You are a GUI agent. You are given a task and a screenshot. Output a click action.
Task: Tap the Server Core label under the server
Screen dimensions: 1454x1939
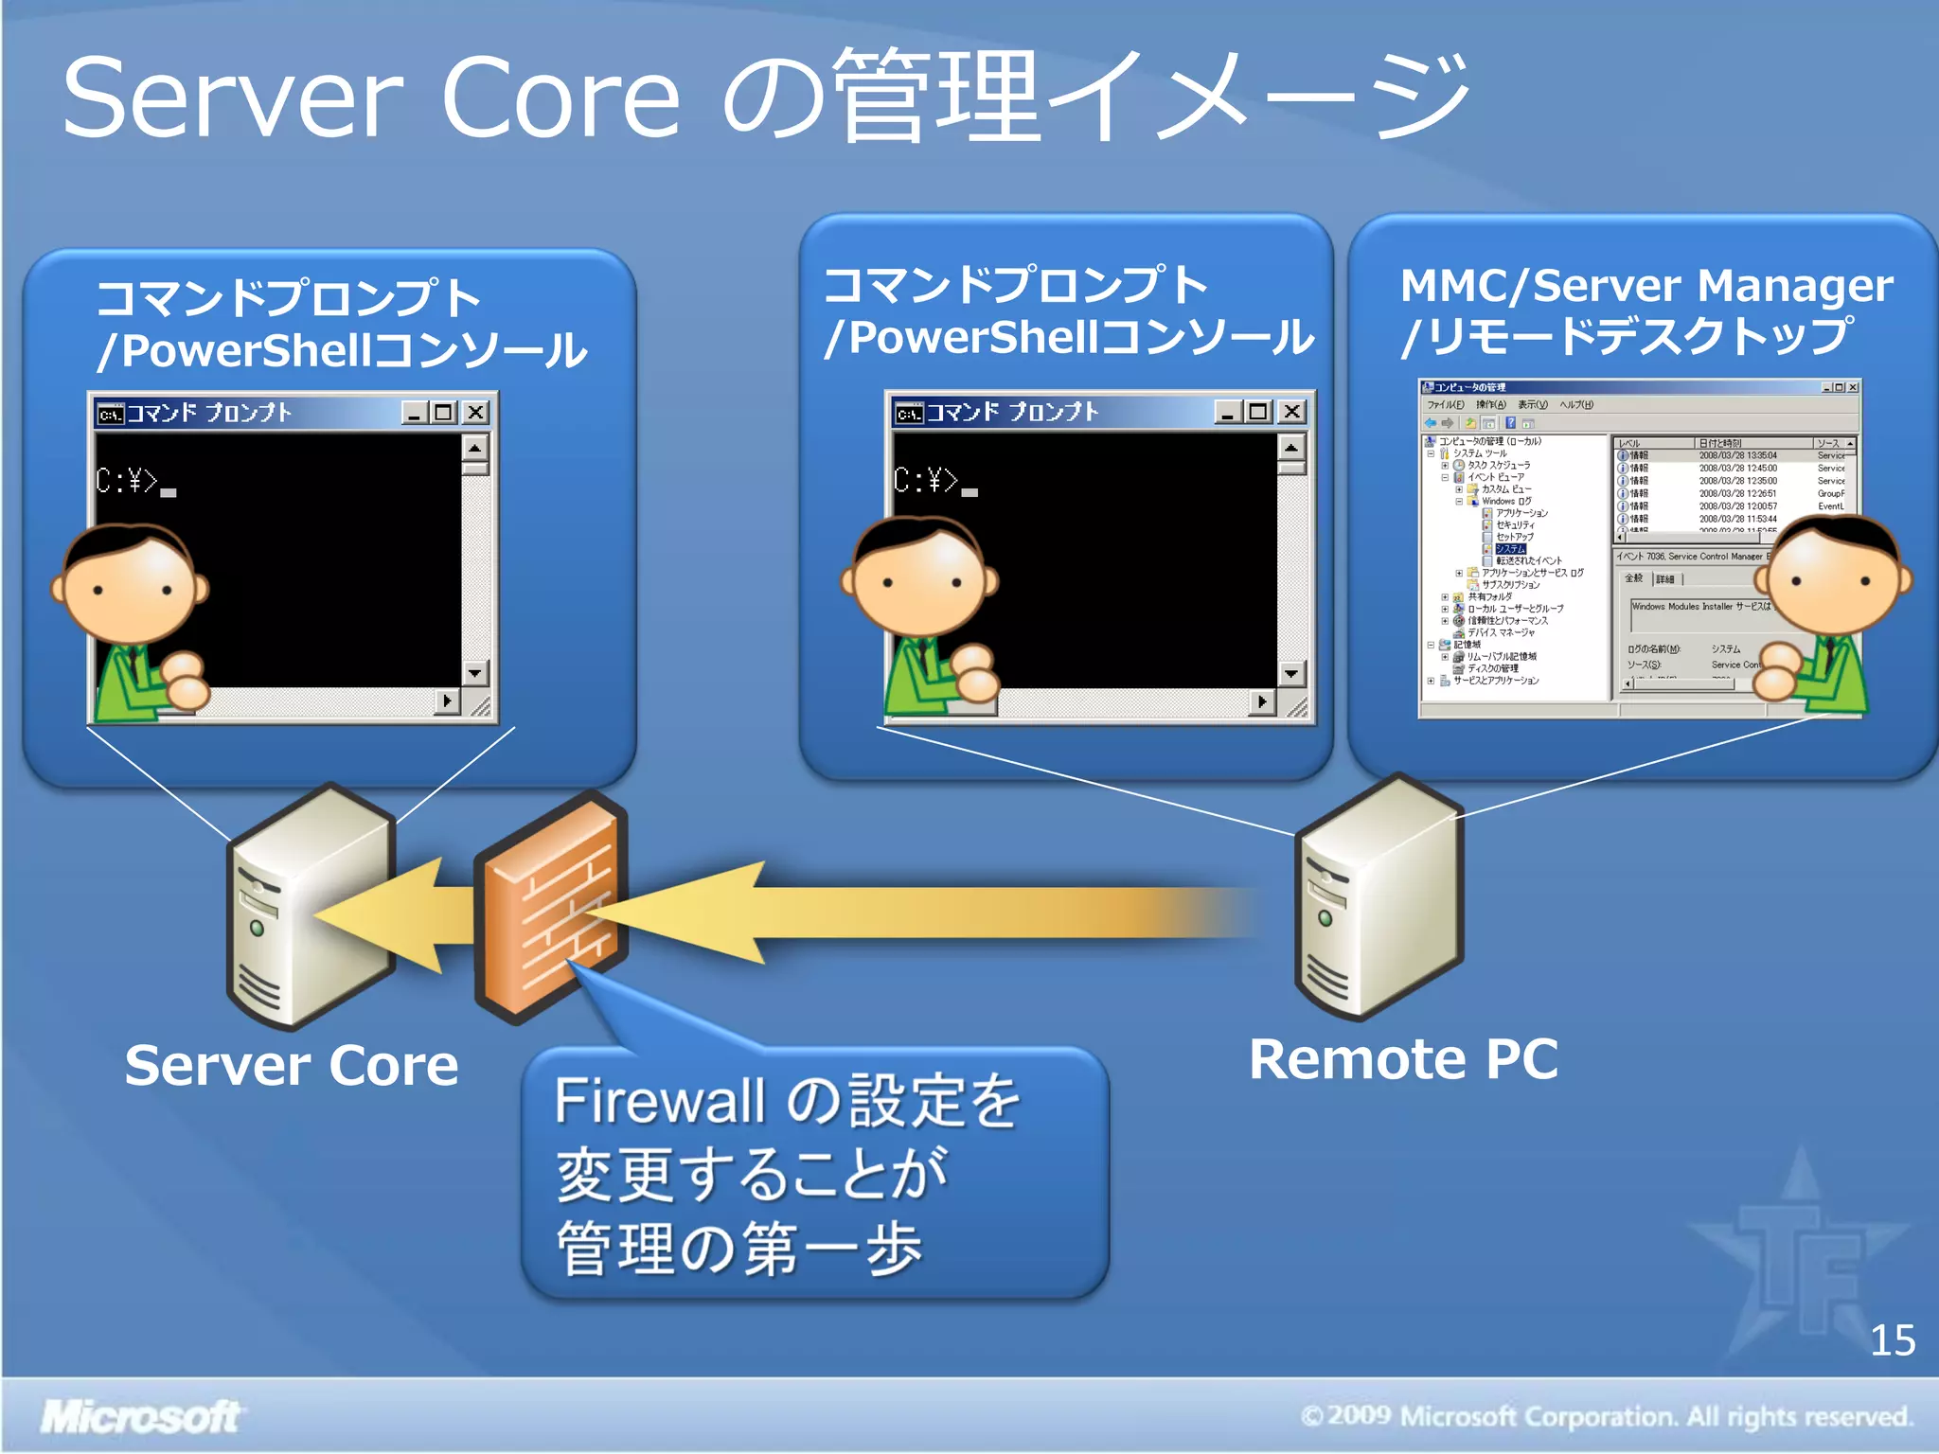pos(292,1066)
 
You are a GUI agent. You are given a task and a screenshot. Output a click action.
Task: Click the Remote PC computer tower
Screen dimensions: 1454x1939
pos(1378,899)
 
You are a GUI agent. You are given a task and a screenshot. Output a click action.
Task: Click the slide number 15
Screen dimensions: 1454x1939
pos(1892,1340)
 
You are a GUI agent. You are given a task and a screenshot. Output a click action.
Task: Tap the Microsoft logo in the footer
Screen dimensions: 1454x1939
pos(140,1417)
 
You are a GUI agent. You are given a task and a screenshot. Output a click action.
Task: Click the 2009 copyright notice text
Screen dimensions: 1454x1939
pos(1607,1416)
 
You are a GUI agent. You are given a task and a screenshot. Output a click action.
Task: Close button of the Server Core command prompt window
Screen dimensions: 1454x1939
pos(476,413)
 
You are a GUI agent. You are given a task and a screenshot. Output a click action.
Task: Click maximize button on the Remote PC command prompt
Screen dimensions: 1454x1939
pos(1257,412)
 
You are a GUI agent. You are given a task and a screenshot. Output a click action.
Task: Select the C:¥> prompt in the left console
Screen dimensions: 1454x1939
pos(128,482)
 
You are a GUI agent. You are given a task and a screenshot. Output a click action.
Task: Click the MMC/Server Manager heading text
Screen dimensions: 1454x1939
pos(1645,286)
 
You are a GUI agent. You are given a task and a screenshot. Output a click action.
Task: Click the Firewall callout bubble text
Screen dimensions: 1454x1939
pos(786,1174)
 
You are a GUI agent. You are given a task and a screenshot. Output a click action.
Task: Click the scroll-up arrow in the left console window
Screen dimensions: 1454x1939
pos(475,446)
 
